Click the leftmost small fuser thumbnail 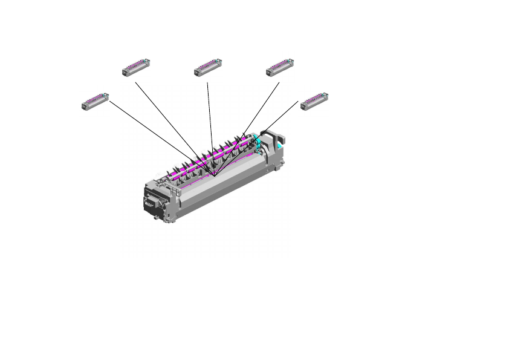94,101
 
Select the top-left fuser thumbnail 136,67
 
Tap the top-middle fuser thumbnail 208,67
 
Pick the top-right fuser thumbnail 280,67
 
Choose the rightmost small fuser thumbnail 314,101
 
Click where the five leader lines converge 214,175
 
